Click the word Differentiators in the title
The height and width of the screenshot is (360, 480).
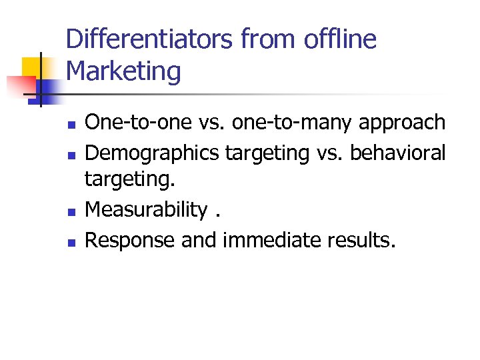coord(150,39)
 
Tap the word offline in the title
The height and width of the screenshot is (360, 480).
coord(339,39)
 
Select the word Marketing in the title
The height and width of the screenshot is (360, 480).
coord(123,71)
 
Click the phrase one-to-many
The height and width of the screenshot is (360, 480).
coord(287,122)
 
